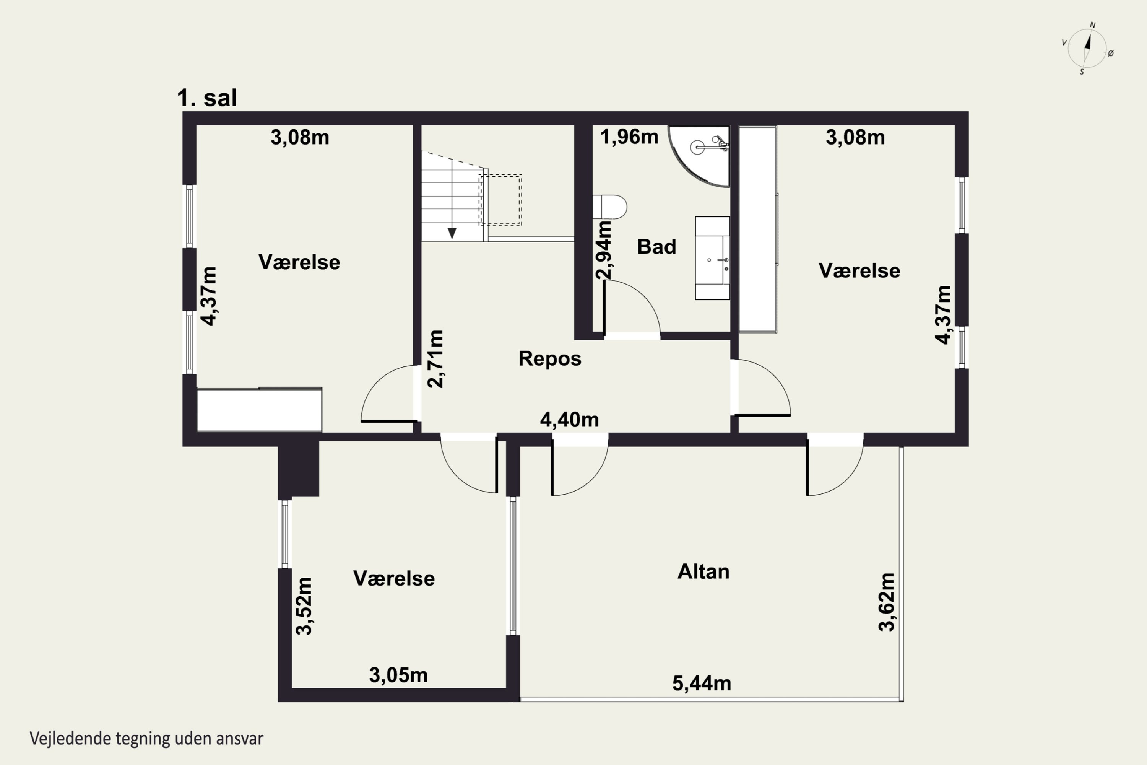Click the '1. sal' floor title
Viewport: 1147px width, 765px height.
pos(207,98)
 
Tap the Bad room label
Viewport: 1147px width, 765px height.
pos(656,247)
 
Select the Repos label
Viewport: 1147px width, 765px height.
pos(550,359)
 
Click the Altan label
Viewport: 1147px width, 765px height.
pos(703,571)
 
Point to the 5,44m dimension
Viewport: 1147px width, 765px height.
pos(702,684)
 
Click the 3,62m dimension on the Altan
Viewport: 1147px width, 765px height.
pos(887,602)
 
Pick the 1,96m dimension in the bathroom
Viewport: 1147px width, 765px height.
pos(629,137)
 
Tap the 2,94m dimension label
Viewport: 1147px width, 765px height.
pos(604,250)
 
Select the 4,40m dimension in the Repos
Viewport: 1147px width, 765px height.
pos(569,420)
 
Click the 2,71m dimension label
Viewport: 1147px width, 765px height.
pos(435,359)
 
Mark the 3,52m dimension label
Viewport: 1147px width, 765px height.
pos(304,606)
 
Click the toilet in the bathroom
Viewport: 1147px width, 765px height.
pos(609,207)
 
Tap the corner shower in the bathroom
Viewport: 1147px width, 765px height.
pos(699,156)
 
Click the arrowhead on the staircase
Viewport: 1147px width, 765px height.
pos(452,233)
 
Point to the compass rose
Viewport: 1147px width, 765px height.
pos(1087,48)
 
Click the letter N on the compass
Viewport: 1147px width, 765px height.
pos(1093,25)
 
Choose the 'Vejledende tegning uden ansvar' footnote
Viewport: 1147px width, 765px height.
pos(146,739)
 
